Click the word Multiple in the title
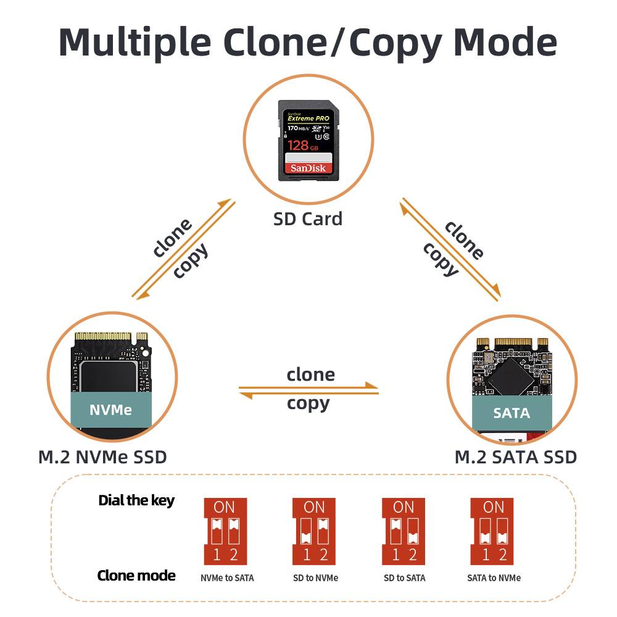tap(135, 42)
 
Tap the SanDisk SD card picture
tap(307, 140)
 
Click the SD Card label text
tap(308, 218)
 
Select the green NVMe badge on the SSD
tap(111, 410)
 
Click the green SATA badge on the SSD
tap(511, 413)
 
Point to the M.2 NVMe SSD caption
tap(102, 457)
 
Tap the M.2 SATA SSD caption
tap(515, 457)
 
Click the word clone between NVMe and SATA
tap(310, 375)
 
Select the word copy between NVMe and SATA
tap(308, 404)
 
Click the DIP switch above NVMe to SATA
tap(225, 531)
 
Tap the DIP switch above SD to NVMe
tap(314, 531)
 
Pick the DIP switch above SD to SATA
tap(404, 531)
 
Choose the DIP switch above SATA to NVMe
tap(493, 531)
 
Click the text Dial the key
tap(136, 500)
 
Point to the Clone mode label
tap(136, 576)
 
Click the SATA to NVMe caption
tap(494, 578)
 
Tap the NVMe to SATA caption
tap(227, 578)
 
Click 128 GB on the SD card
tap(303, 146)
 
